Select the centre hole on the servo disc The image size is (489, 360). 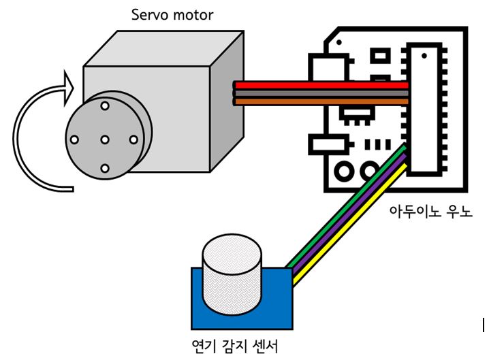(104, 140)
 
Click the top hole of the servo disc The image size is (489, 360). (104, 106)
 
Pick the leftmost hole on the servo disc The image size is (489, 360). (74, 140)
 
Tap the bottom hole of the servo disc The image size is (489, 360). (104, 167)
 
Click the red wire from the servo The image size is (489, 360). (320, 85)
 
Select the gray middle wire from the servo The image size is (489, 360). (320, 93)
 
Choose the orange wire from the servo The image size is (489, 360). (320, 101)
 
